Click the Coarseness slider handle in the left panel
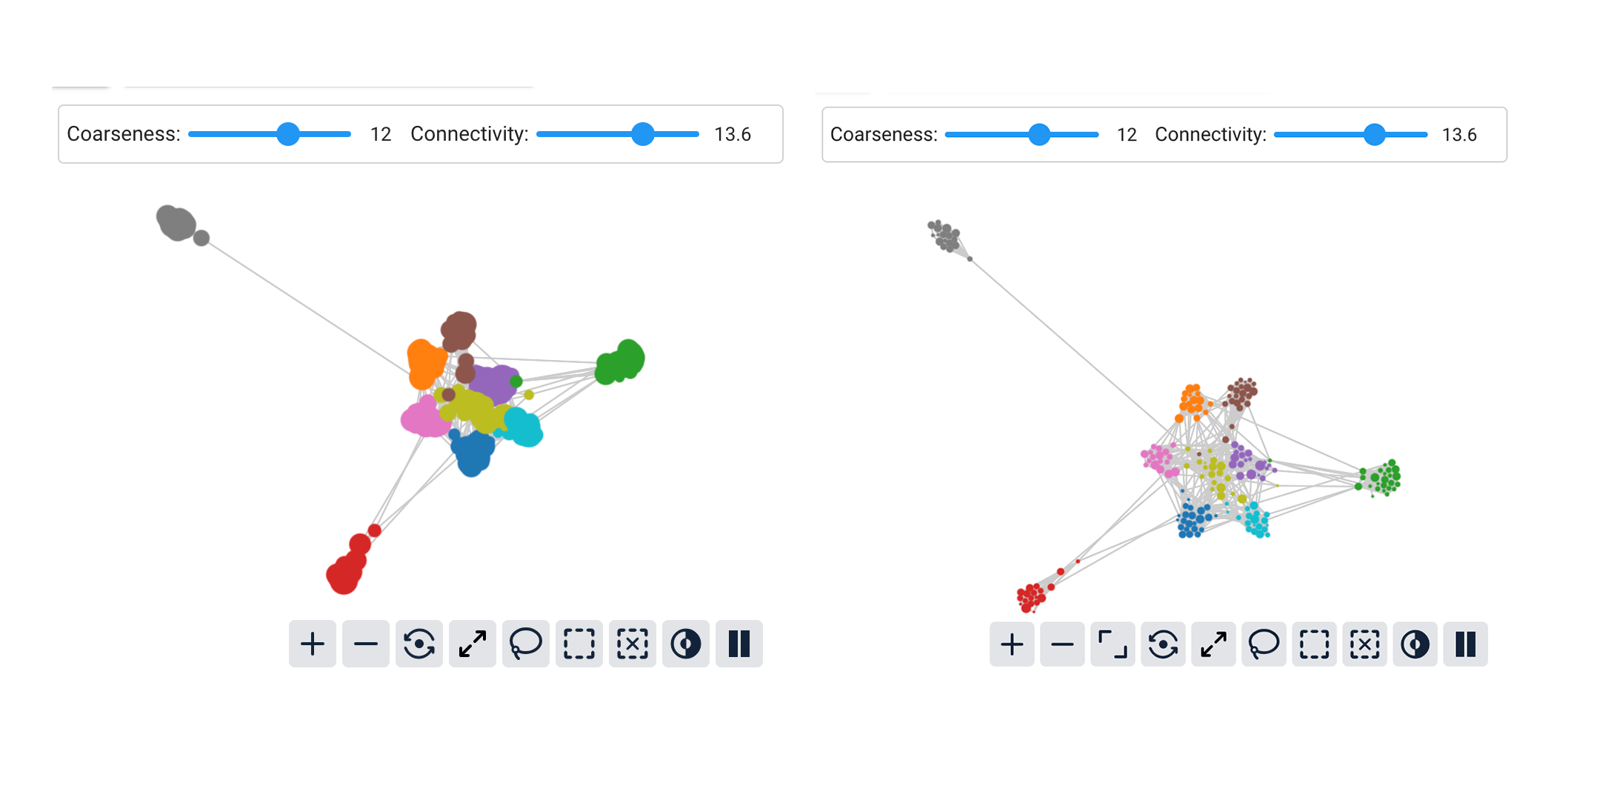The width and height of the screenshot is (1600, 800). click(x=287, y=134)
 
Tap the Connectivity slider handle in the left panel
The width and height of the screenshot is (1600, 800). click(x=643, y=134)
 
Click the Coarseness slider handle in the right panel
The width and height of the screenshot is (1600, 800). click(x=1039, y=135)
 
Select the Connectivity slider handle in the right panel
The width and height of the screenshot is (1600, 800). click(x=1374, y=135)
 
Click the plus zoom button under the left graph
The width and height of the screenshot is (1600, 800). click(x=313, y=644)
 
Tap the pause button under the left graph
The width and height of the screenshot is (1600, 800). click(x=739, y=644)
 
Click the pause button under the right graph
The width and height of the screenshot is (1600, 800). click(x=1465, y=644)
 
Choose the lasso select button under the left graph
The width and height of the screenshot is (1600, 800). click(x=526, y=644)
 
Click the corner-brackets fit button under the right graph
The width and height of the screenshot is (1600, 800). click(x=1113, y=644)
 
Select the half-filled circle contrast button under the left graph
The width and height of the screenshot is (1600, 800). click(x=686, y=644)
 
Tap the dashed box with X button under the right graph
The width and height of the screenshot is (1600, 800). click(x=1364, y=644)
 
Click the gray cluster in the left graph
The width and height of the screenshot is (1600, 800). click(x=176, y=222)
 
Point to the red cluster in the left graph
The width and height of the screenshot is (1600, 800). click(x=345, y=572)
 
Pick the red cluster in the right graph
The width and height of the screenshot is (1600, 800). click(x=1030, y=596)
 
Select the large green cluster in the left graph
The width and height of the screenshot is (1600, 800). click(x=621, y=362)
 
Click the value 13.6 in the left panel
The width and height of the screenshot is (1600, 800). click(x=733, y=134)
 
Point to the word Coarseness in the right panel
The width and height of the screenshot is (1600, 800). click(x=883, y=135)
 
